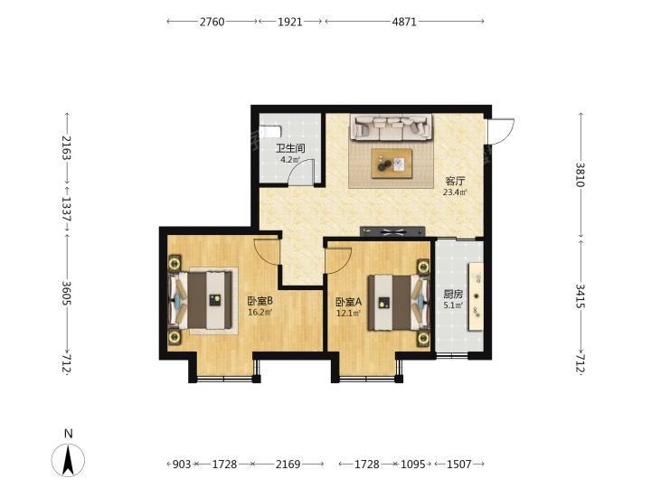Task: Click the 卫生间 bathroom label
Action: point(290,148)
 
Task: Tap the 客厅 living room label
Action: point(456,182)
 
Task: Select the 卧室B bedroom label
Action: point(260,300)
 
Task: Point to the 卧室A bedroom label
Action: point(349,302)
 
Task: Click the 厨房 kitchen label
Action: point(453,295)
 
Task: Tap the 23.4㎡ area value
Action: point(456,192)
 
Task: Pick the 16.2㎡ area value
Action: point(260,312)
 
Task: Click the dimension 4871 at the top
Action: point(404,22)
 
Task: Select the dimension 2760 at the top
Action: point(212,22)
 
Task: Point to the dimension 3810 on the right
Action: point(580,174)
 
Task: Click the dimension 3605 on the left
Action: point(67,293)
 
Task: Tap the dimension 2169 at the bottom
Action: point(288,464)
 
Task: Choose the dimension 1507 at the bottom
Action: point(458,464)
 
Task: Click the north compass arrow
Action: point(68,460)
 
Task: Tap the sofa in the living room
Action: point(392,127)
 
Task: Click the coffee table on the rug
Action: point(392,164)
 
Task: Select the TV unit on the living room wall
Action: point(392,231)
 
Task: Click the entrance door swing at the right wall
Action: point(501,132)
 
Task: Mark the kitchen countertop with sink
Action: point(476,296)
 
